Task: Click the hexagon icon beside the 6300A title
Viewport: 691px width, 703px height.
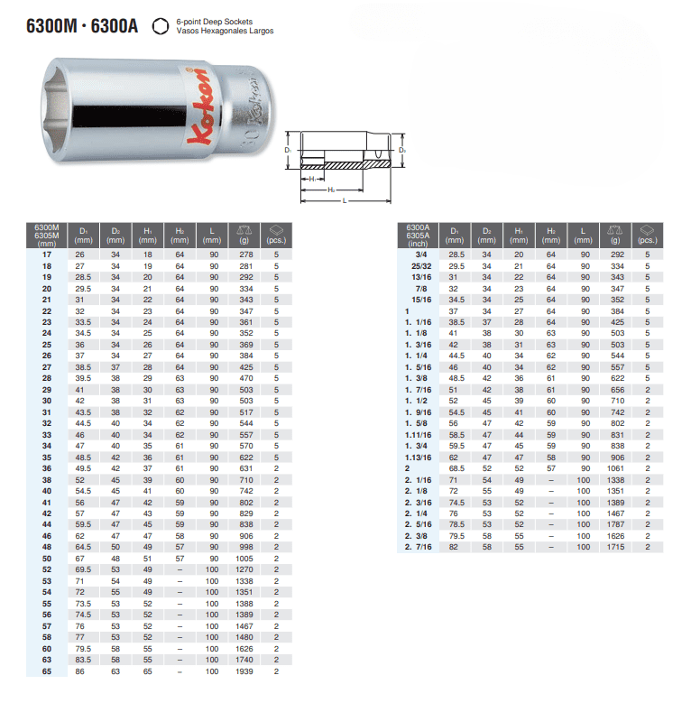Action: pos(161,26)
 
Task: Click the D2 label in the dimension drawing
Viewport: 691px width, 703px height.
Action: pos(402,150)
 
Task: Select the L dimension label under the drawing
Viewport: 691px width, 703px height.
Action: pos(345,201)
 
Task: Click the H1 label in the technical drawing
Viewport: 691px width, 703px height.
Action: pos(313,180)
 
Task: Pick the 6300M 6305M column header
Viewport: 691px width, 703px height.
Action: pos(47,236)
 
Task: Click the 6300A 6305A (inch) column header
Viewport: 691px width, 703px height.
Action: pos(418,236)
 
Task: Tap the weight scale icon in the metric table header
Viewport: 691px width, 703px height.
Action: pos(244,230)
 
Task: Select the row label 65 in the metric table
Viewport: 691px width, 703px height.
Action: pos(47,671)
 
